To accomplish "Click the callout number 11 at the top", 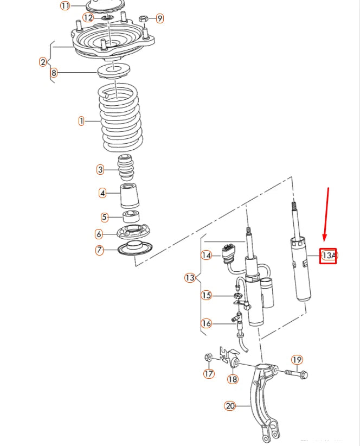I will point(65,6).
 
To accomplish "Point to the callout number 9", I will point(159,18).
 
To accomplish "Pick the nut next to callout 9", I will point(144,18).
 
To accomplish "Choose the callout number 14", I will point(206,254).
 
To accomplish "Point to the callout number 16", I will point(206,323).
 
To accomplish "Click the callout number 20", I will point(230,405).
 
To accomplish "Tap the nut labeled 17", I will point(208,358).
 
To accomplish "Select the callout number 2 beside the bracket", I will point(43,62).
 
